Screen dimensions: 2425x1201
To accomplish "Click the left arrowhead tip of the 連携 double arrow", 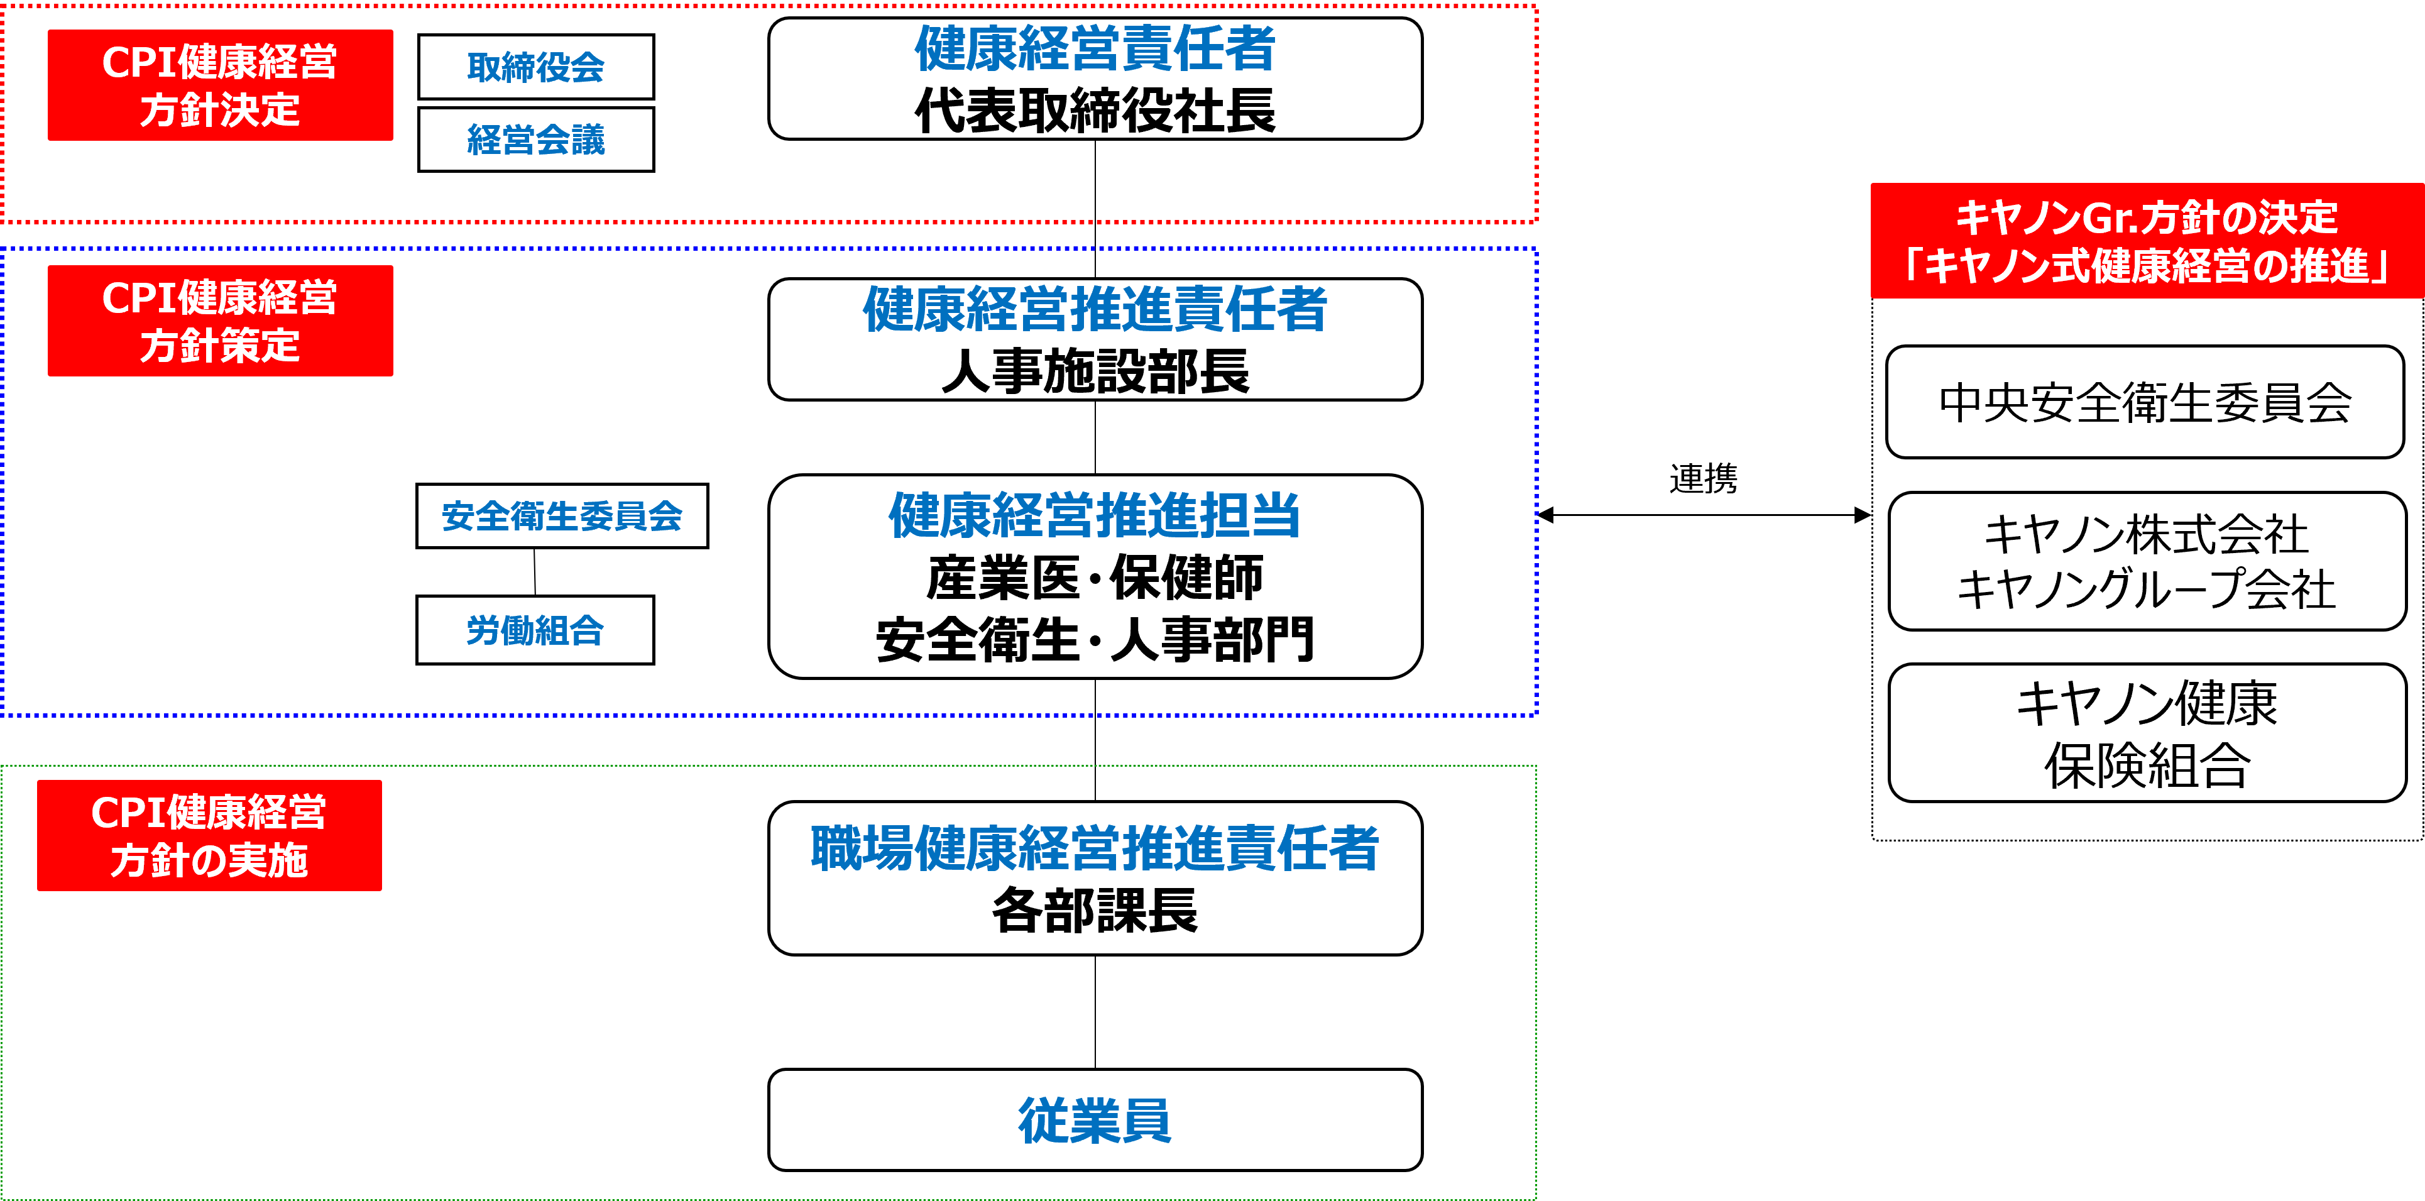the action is pyautogui.click(x=1538, y=515).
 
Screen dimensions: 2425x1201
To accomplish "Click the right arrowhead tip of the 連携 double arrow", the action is pyautogui.click(x=1871, y=515).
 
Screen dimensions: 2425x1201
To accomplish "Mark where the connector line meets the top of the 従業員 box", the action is pyautogui.click(x=1095, y=1069).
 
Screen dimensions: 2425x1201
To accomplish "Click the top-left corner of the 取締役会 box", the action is pyautogui.click(x=419, y=35).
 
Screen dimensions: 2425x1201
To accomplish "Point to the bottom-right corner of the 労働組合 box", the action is pyautogui.click(x=654, y=664).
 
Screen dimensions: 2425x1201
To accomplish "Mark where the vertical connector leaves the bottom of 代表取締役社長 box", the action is pyautogui.click(x=1095, y=140).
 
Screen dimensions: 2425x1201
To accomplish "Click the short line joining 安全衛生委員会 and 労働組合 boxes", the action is pyautogui.click(x=535, y=571).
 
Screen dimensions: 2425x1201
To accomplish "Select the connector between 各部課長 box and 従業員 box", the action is pyautogui.click(x=1095, y=1012).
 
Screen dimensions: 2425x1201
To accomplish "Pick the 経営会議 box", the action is pyautogui.click(x=535, y=140).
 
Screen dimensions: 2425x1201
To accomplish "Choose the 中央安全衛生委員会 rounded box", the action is pyautogui.click(x=2145, y=402).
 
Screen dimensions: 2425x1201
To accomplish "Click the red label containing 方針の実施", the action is pyautogui.click(x=209, y=835).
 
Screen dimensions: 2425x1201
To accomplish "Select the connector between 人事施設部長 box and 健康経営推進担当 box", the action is pyautogui.click(x=1095, y=437).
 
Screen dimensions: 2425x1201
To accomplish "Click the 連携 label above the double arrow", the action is pyautogui.click(x=1703, y=478).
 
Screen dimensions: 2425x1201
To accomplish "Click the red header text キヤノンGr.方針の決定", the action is pyautogui.click(x=2147, y=217).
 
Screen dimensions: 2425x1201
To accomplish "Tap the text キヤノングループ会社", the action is pyautogui.click(x=2147, y=590).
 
